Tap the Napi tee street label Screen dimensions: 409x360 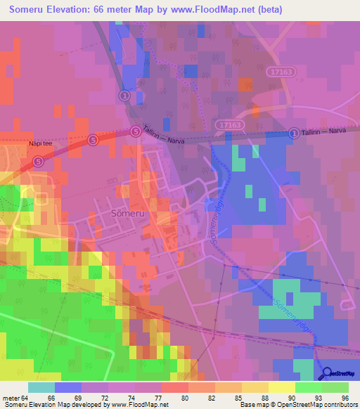tap(41, 143)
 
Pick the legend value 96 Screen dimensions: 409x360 tap(344, 397)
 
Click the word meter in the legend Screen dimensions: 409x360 tap(11, 397)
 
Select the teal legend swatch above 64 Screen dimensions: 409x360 tap(41, 387)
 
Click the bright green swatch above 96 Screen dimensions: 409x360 tap(335, 387)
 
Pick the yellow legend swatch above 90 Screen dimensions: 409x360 tap(282, 387)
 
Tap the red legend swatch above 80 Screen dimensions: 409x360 tap(175, 387)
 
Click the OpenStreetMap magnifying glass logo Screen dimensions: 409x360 tap(326, 374)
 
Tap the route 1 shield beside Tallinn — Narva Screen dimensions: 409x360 tap(293, 133)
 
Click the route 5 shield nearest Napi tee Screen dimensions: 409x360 tap(38, 161)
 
